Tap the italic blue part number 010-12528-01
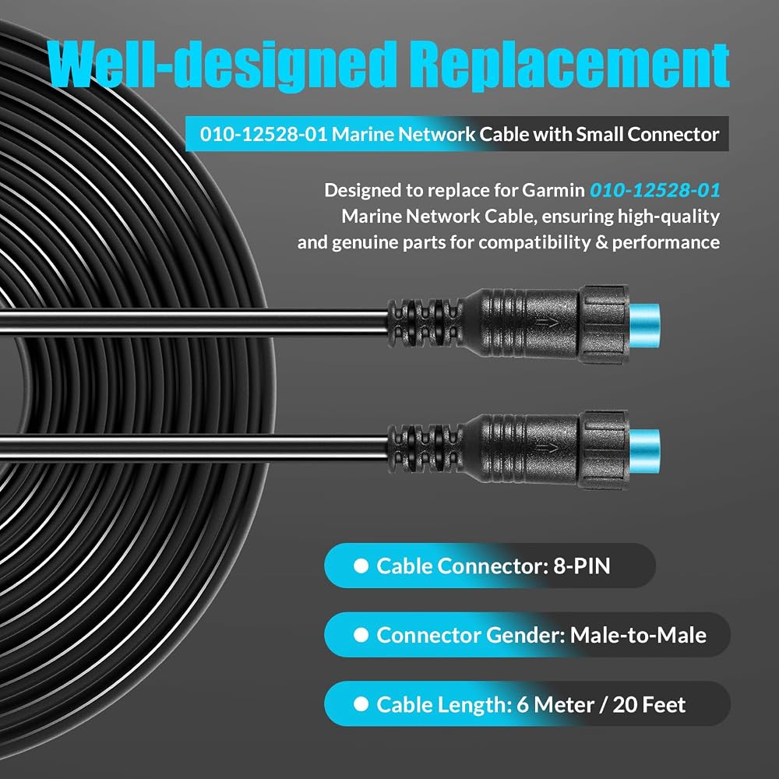655,190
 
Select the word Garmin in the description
553,190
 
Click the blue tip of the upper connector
644,325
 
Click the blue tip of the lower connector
644,450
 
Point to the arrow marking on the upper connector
547,324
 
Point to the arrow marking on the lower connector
547,449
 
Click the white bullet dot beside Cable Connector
361,566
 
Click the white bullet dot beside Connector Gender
361,635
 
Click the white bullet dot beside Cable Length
361,704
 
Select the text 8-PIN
581,566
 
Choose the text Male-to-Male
638,635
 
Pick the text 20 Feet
649,704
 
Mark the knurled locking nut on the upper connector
604,324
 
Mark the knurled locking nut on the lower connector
604,450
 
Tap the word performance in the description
666,243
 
